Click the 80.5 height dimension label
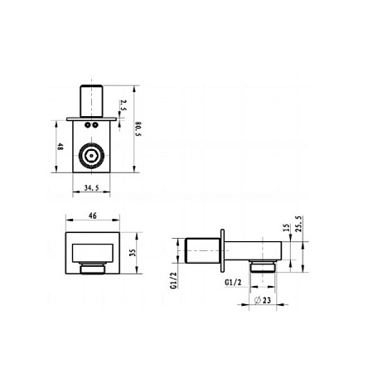coord(138,128)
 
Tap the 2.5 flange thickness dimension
coord(124,105)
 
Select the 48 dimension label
coord(60,146)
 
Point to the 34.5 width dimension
coord(91,188)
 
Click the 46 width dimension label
coord(93,216)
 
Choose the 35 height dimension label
coord(133,253)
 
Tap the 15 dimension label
coord(288,227)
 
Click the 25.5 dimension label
coord(299,224)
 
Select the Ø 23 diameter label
coord(263,300)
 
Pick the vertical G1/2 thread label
coord(173,280)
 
